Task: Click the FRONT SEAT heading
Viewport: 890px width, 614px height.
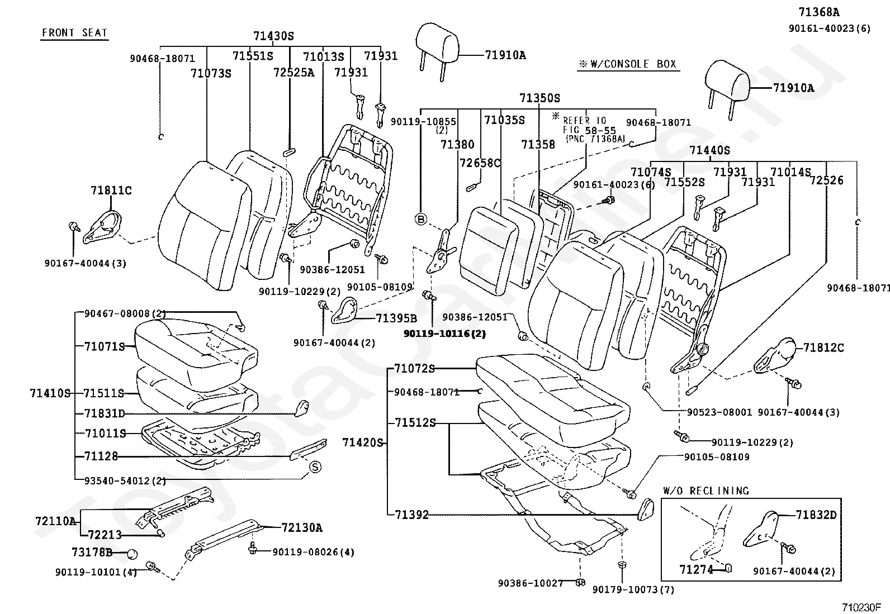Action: [x=74, y=33]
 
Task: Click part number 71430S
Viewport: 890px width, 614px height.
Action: [x=273, y=36]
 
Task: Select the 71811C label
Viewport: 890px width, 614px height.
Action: [x=111, y=191]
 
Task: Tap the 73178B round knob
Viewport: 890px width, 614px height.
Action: [x=132, y=554]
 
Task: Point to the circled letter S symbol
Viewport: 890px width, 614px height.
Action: [x=314, y=467]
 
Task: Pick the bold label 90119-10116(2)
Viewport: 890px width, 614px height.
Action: [x=444, y=334]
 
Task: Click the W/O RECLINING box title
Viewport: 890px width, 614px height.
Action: [x=706, y=491]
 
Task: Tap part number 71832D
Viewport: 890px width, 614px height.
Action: [x=816, y=515]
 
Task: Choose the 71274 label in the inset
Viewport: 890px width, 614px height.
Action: [x=697, y=569]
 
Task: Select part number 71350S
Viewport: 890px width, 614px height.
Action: [x=539, y=98]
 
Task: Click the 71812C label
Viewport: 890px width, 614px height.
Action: [x=823, y=348]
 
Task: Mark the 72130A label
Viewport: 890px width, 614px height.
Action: [x=302, y=528]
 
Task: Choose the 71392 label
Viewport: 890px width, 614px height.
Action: [x=411, y=515]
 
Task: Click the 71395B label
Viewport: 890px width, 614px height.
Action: [x=396, y=318]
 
